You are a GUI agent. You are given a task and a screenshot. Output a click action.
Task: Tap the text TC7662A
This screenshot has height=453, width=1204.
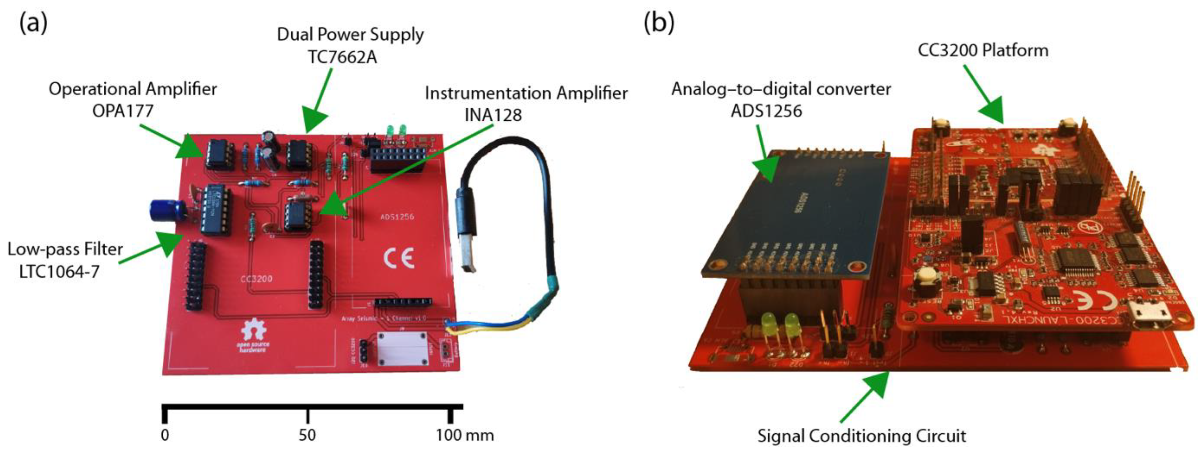pos(342,57)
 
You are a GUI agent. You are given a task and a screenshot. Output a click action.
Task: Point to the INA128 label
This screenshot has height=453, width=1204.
pos(493,115)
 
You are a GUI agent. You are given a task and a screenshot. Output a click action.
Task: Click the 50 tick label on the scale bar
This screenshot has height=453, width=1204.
pos(307,435)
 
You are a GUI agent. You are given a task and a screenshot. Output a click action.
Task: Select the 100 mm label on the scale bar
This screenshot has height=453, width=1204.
pos(465,435)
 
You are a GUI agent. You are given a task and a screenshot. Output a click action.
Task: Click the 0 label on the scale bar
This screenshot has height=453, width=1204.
pos(165,435)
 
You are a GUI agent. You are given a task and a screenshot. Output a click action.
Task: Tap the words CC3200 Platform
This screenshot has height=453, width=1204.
pos(983,50)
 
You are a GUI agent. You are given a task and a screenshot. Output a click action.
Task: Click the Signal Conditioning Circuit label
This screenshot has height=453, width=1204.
pos(862,436)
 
